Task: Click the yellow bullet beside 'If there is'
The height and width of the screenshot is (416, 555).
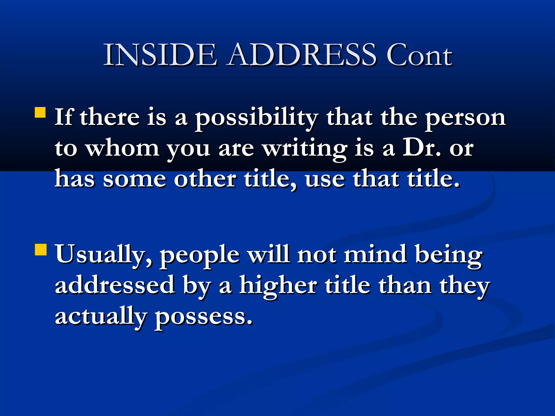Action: point(40,113)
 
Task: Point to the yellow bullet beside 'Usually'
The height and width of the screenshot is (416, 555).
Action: point(41,250)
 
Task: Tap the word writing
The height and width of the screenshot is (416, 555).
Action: point(305,149)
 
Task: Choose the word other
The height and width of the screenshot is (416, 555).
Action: point(205,179)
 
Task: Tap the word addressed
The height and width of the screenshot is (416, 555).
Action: point(115,285)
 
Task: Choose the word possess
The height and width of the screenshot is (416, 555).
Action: point(204,317)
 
